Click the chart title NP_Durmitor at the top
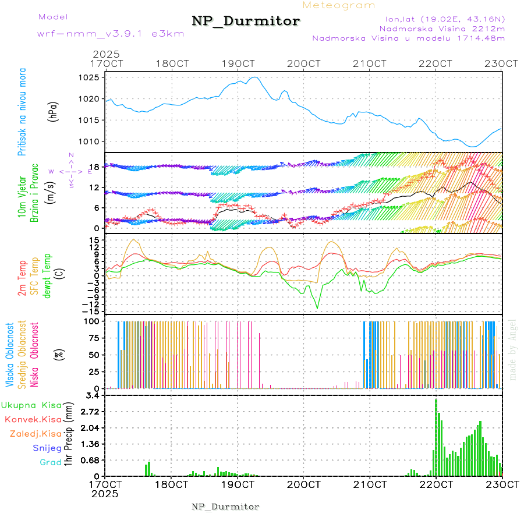click(x=246, y=22)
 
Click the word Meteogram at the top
click(x=339, y=5)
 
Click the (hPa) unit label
click(x=53, y=112)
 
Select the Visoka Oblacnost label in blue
click(x=10, y=355)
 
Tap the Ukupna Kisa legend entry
click(x=31, y=405)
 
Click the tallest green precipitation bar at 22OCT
click(x=436, y=437)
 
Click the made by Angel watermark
click(x=513, y=350)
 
